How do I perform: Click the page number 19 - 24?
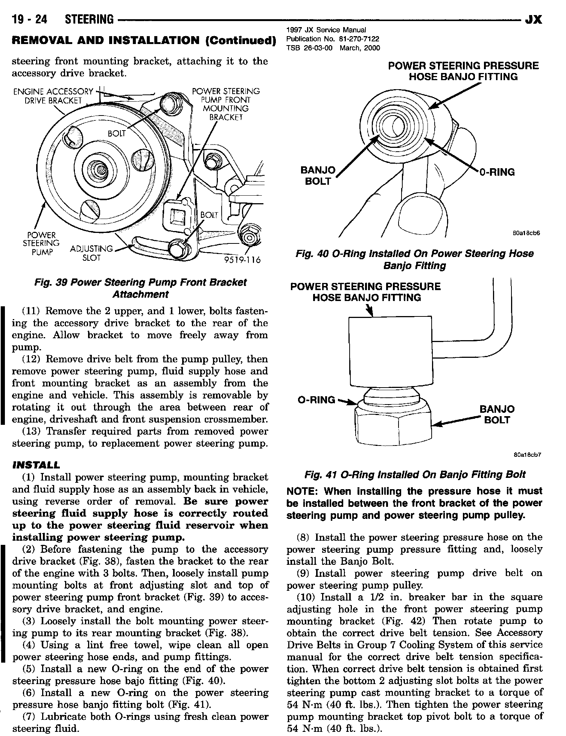(29, 19)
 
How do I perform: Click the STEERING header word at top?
(89, 19)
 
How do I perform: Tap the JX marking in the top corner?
(533, 19)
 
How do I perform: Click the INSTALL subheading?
(36, 465)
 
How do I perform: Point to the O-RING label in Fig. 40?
(496, 172)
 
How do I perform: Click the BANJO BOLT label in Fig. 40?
(318, 176)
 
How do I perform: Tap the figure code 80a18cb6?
(526, 233)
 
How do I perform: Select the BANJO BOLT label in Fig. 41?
(497, 414)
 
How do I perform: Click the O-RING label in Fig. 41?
(316, 400)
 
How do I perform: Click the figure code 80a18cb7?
(527, 455)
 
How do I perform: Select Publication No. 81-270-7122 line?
(333, 39)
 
